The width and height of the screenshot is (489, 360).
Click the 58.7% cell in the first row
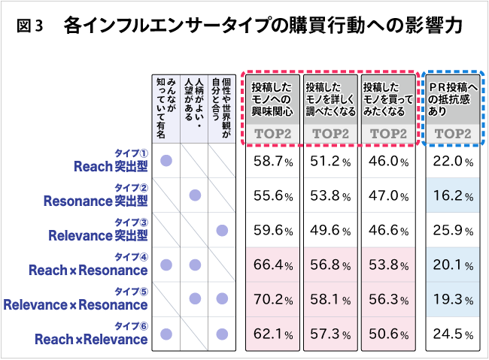pyautogui.click(x=273, y=161)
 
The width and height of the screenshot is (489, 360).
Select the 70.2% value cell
pyautogui.click(x=273, y=299)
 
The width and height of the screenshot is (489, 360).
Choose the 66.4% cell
pyautogui.click(x=273, y=265)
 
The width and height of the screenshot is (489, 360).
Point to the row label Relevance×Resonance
pyautogui.click(x=75, y=304)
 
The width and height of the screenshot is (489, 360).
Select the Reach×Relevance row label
pyautogui.click(x=91, y=339)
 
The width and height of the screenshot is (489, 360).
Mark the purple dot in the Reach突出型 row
pyautogui.click(x=167, y=161)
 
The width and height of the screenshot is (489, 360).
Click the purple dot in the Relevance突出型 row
pyautogui.click(x=222, y=230)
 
